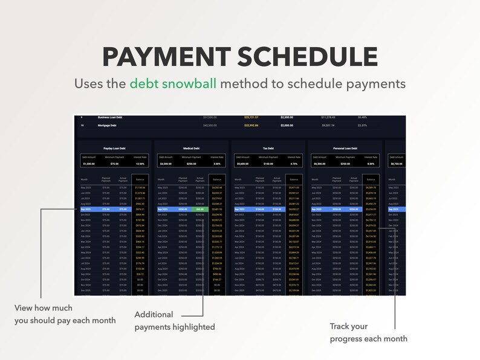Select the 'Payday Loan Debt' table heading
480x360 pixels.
pos(114,147)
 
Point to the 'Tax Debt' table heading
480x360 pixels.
pos(268,147)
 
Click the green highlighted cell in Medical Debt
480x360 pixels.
pos(200,209)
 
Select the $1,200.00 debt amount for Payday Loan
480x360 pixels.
pos(89,163)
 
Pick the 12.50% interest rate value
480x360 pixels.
pos(140,163)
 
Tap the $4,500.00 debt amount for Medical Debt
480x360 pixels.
pos(166,163)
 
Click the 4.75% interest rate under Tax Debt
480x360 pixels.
pos(294,163)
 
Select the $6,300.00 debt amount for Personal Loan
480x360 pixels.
pos(320,163)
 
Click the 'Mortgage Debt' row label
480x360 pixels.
pos(106,126)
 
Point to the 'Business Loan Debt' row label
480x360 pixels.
pos(111,117)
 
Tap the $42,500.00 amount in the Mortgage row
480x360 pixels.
pos(210,126)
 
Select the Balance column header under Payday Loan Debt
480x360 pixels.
pos(140,179)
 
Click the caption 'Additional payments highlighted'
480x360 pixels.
pos(174,321)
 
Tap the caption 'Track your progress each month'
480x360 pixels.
pos(368,332)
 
